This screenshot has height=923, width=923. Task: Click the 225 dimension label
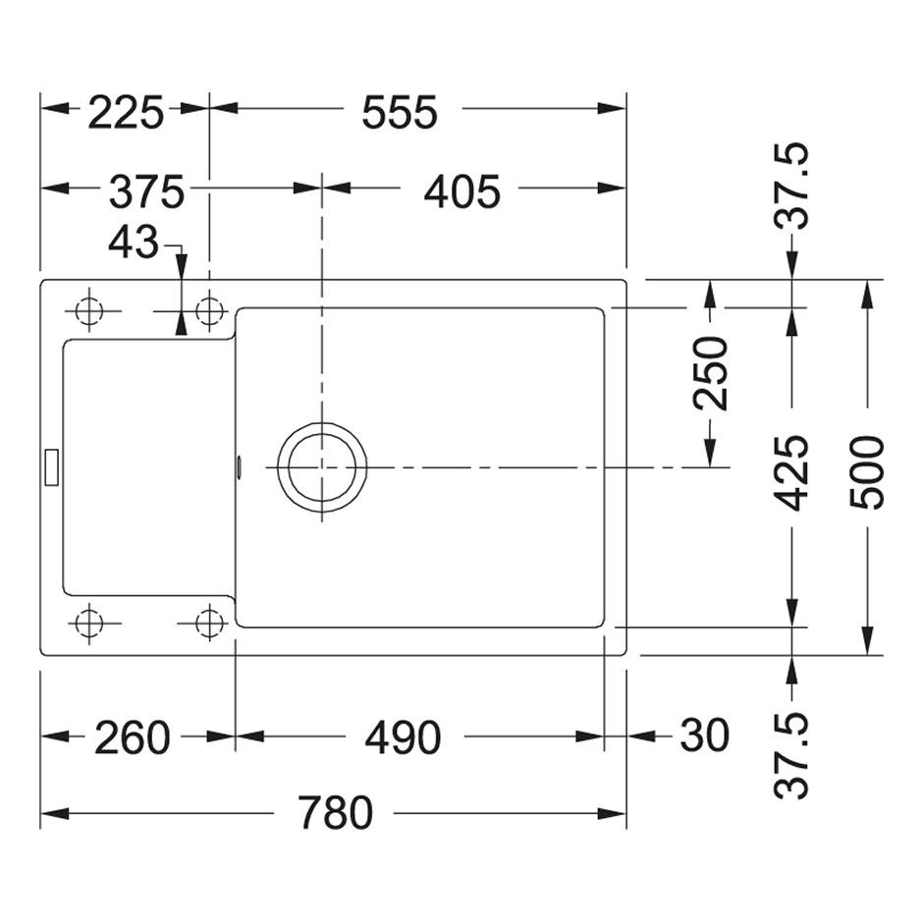click(126, 113)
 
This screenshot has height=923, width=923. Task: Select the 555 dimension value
click(400, 113)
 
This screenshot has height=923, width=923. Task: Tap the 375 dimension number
click(147, 191)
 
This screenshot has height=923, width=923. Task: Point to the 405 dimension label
click(462, 191)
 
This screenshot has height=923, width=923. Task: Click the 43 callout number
click(134, 242)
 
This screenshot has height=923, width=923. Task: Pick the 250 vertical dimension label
click(711, 373)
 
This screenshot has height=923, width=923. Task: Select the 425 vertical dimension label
click(791, 472)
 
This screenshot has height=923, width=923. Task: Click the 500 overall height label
click(867, 472)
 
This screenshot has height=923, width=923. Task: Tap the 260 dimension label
click(133, 738)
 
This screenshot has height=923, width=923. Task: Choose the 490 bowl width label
click(403, 738)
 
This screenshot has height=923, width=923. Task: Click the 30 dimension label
click(705, 735)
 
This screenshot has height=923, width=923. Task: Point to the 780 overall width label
click(335, 813)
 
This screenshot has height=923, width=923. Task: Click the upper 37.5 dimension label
click(791, 186)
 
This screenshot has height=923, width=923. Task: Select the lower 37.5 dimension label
click(791, 755)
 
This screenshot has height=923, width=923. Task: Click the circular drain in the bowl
click(322, 467)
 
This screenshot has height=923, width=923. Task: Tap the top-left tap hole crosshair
click(89, 311)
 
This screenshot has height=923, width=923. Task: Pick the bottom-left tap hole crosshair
click(89, 623)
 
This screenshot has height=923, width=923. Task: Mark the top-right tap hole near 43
click(209, 311)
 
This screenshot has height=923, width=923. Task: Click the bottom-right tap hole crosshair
click(209, 623)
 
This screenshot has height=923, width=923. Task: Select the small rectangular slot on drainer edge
click(52, 467)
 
